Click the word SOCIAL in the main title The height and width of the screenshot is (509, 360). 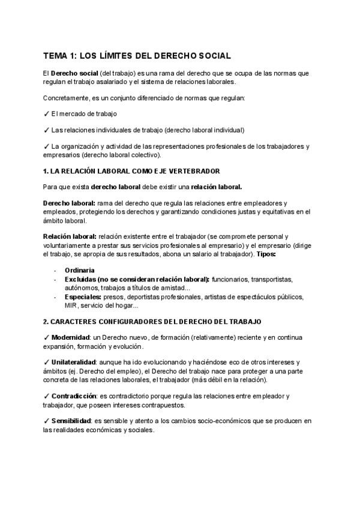212,56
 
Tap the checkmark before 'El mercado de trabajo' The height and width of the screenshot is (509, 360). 46,113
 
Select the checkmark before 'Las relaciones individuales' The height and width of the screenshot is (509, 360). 46,130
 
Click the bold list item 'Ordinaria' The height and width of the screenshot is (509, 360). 79,270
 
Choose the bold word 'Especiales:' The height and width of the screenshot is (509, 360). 83,297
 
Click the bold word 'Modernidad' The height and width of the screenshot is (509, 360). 71,337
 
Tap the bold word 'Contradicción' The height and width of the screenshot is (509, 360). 74,396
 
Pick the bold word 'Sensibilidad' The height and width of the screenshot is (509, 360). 71,421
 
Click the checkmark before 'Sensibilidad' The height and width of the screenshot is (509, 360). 46,421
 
